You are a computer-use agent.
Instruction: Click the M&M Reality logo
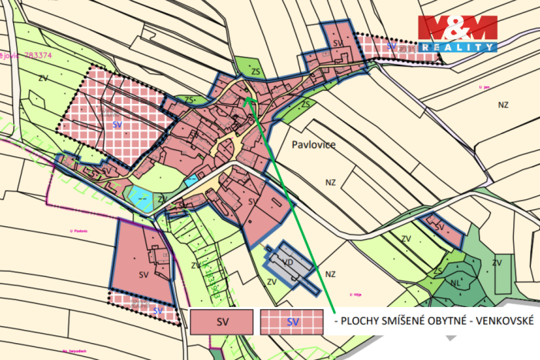click(x=457, y=33)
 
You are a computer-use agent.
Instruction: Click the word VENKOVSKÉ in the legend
click(x=499, y=318)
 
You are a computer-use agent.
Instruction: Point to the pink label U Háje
click(x=355, y=294)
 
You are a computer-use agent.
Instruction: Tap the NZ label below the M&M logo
click(x=504, y=103)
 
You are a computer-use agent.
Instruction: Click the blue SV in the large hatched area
click(x=117, y=124)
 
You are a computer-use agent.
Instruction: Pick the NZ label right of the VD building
click(x=331, y=274)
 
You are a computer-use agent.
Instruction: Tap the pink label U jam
click(x=484, y=88)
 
